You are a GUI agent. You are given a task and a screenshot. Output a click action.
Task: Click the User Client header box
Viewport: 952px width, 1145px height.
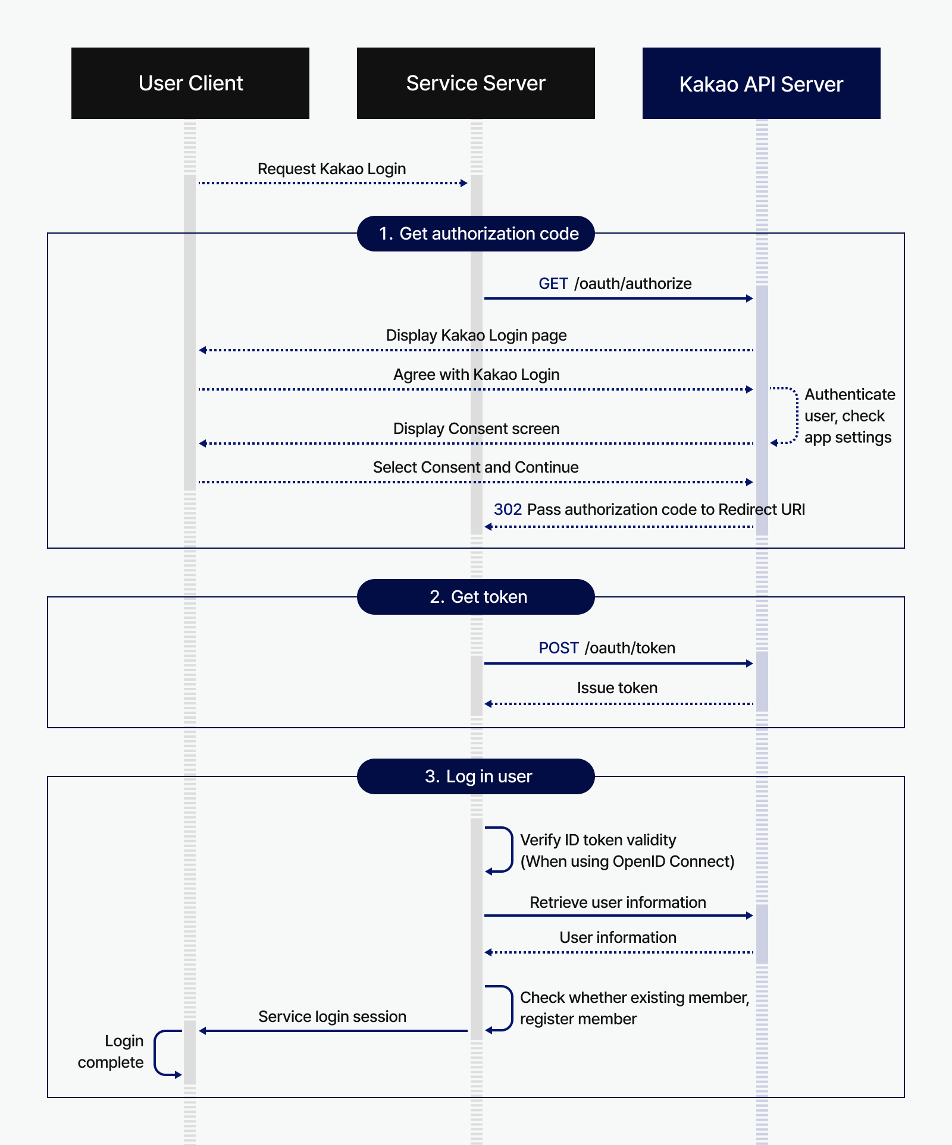pos(190,83)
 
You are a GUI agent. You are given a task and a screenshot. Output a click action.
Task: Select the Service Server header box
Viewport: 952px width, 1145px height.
pos(476,83)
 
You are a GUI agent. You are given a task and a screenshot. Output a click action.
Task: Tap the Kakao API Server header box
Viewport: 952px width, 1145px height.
pos(761,83)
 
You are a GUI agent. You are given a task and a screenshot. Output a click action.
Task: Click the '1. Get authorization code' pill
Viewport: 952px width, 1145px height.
pos(476,234)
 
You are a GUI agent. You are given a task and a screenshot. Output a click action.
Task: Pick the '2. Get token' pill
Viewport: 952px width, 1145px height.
pos(476,597)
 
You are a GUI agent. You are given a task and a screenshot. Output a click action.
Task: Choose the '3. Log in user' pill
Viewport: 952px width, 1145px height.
pos(476,776)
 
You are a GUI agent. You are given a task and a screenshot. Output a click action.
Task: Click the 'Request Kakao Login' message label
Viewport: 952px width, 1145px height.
pos(331,169)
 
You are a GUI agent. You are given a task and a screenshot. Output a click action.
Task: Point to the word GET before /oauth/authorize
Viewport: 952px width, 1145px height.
pos(553,284)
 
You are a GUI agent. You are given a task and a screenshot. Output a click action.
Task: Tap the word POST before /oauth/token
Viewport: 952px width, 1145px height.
pos(558,648)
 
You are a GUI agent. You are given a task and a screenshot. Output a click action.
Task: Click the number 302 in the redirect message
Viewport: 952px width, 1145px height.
pos(508,509)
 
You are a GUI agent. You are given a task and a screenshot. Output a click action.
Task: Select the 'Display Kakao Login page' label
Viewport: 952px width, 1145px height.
pos(476,335)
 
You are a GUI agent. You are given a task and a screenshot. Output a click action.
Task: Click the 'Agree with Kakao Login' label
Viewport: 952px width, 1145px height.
pos(476,375)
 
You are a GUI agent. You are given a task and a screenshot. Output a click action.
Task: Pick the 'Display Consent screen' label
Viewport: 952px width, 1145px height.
pos(476,429)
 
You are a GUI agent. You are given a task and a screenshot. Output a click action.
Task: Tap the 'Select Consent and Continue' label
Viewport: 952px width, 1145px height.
pos(476,467)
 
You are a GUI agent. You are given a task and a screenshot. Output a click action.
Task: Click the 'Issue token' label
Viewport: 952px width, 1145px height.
pos(617,688)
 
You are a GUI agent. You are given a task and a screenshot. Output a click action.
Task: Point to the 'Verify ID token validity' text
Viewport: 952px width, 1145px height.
pos(598,840)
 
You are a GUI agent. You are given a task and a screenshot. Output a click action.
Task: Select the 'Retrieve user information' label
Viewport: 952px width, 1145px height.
pos(618,902)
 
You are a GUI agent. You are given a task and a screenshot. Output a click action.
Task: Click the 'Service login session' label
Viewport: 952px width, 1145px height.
pos(332,1017)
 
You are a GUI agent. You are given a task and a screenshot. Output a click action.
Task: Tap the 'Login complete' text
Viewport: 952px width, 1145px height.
pos(111,1052)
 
